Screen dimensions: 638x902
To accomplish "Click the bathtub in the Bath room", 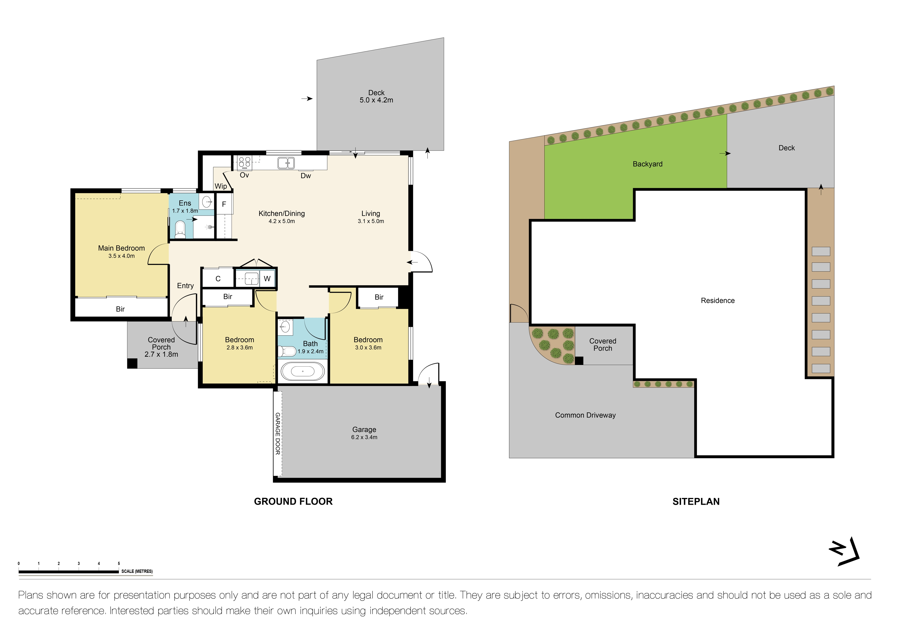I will [303, 372].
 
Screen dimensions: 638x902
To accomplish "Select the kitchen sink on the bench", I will [286, 163].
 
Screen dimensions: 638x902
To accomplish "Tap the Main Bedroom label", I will [121, 248].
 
